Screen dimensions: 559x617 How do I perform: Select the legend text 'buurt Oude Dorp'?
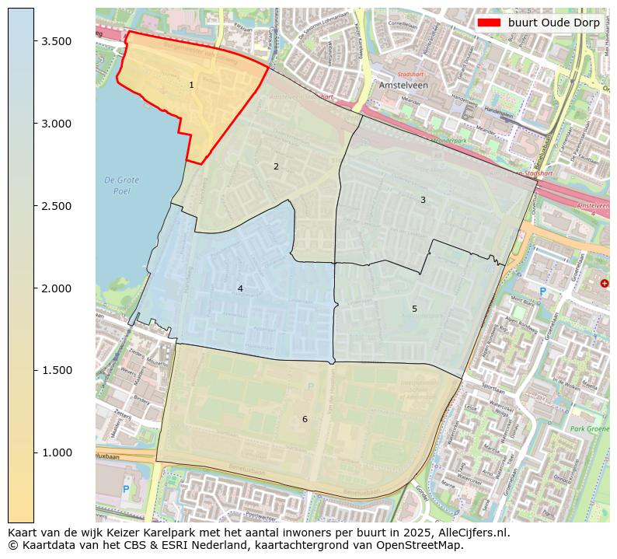pyautogui.click(x=553, y=23)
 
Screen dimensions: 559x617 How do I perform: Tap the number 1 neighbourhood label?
pyautogui.click(x=192, y=86)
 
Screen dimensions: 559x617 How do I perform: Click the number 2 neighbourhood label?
pyautogui.click(x=276, y=166)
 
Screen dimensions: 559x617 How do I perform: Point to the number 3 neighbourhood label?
pyautogui.click(x=423, y=200)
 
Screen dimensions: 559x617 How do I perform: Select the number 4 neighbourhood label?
pyautogui.click(x=240, y=288)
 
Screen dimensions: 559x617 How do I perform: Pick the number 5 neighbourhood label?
pyautogui.click(x=414, y=309)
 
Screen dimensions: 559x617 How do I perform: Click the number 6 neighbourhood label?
pyautogui.click(x=305, y=419)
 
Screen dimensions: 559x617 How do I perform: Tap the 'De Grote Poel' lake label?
pyautogui.click(x=122, y=185)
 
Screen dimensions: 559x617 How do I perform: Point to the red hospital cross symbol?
pyautogui.click(x=605, y=284)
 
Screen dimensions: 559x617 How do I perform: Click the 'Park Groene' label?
pyautogui.click(x=587, y=428)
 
